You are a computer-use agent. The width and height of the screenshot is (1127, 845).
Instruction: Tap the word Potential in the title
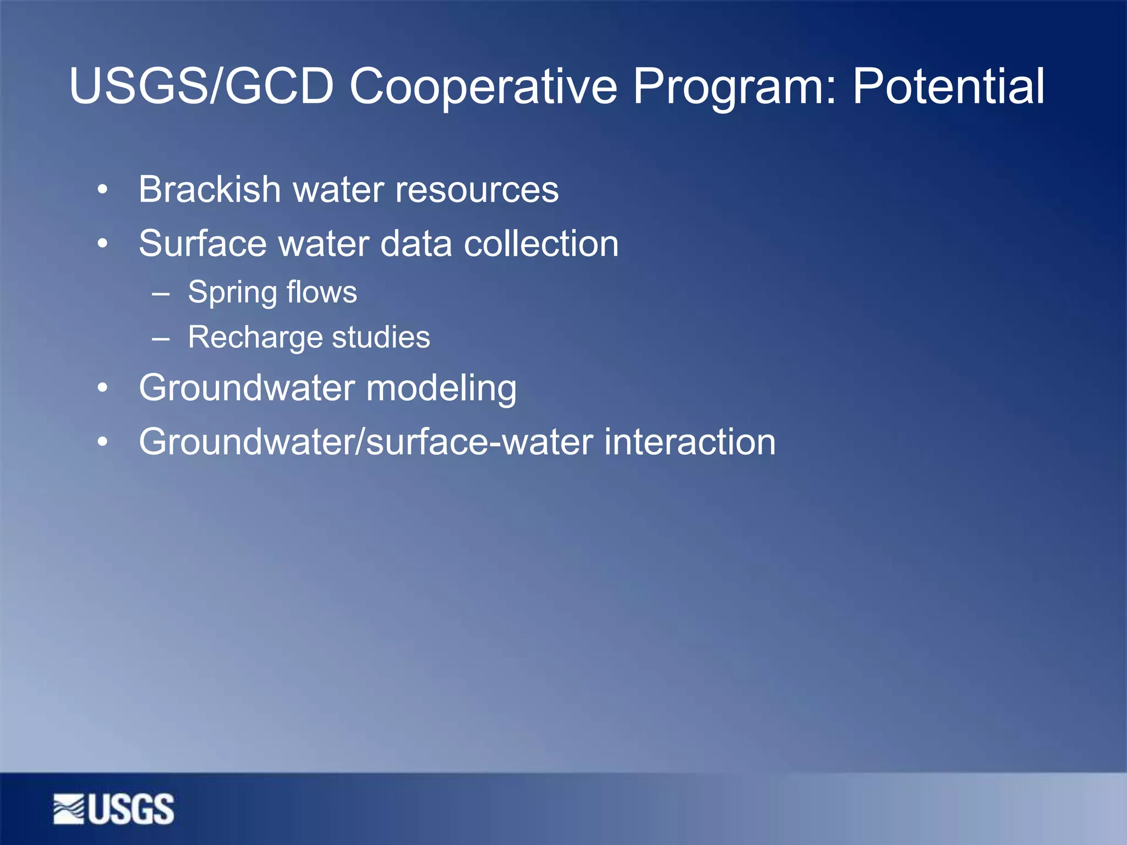[948, 86]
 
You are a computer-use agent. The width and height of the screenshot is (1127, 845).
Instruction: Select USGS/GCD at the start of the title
[201, 86]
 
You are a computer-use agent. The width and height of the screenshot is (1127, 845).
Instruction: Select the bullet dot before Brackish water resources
[102, 190]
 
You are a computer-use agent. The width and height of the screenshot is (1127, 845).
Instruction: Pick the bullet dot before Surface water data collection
[102, 244]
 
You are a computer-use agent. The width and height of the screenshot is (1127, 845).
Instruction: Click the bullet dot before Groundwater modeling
[102, 388]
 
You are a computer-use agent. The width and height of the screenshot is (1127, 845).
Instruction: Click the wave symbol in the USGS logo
[69, 809]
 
